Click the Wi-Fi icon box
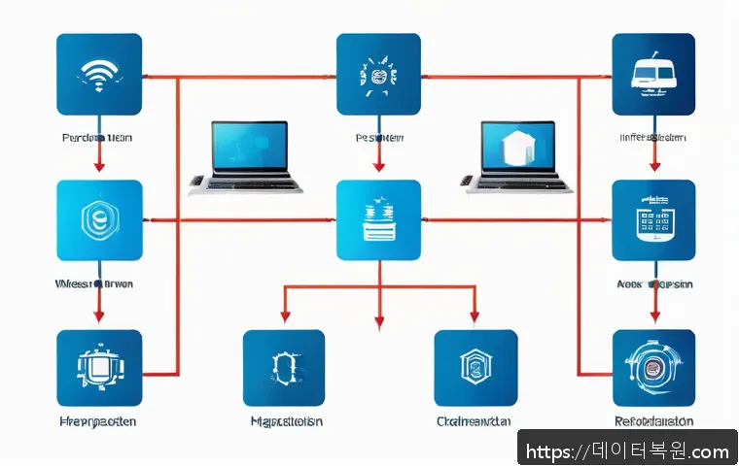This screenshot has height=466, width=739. [x=99, y=76]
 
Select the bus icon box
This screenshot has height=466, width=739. [x=653, y=76]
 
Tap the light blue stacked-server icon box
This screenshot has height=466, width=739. [x=378, y=220]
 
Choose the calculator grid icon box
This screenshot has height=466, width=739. [x=653, y=220]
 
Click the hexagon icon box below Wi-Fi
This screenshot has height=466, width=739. [x=99, y=220]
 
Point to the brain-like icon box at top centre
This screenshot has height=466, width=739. [x=378, y=76]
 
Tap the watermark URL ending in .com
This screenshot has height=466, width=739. [x=626, y=451]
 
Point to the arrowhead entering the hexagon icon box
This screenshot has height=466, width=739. [x=99, y=167]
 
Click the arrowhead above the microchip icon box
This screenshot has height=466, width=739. [x=99, y=316]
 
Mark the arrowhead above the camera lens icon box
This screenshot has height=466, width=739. [x=653, y=316]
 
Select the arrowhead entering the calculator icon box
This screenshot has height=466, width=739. [x=653, y=167]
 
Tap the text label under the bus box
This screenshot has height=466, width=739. [x=652, y=139]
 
